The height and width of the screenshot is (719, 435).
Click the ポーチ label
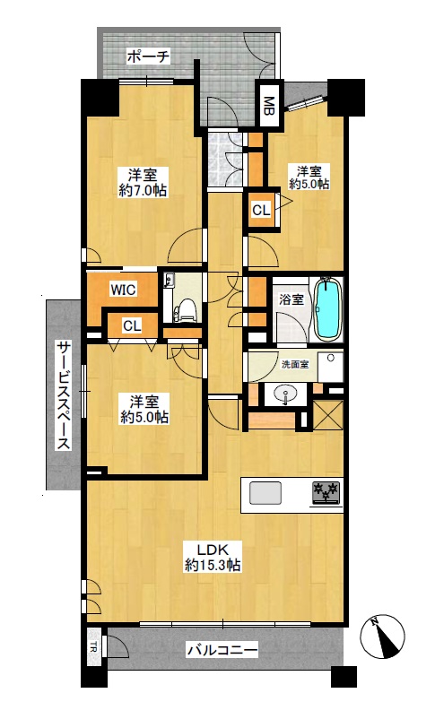pos(148,57)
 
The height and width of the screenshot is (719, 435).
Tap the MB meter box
pos(269,105)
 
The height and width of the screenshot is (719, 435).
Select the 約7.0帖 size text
pos(143,191)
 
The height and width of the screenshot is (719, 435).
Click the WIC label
pos(123,290)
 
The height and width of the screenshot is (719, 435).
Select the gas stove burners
pos(326,493)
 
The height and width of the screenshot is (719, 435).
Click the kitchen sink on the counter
pos(265,494)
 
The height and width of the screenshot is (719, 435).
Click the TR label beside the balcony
pos(93,648)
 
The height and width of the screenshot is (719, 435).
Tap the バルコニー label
pos(222,650)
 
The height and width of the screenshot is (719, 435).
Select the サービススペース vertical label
pos(64,395)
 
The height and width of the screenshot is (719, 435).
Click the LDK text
pos(213,549)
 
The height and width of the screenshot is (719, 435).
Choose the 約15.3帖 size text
pos(213,565)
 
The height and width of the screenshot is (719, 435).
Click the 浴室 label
pos(291,300)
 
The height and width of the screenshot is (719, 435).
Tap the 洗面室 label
pos(295,365)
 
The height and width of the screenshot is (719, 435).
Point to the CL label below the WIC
pos(132,326)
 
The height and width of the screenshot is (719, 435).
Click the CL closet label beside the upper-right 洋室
pos(261,211)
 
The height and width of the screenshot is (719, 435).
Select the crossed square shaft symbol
pos(327,414)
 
